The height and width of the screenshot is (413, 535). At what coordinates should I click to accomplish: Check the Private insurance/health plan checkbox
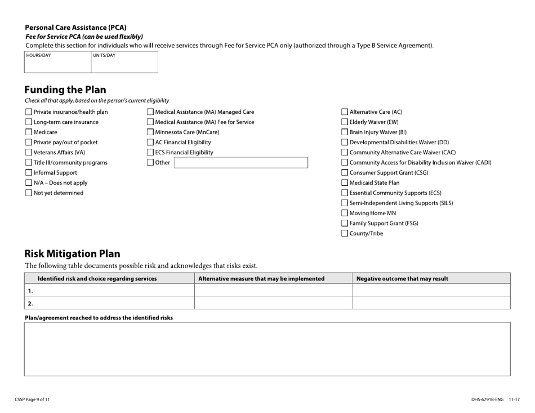point(29,112)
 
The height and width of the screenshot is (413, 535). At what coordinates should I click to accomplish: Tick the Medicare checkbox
point(29,132)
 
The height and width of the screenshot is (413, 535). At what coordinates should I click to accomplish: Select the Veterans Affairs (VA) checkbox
point(29,153)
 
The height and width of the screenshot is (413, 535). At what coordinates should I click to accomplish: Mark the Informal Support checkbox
point(29,173)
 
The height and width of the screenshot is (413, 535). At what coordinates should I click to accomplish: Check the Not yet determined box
point(29,193)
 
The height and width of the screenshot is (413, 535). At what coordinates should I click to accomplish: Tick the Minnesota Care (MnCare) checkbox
point(150,132)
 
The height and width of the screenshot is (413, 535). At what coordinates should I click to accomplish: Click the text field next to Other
point(240,163)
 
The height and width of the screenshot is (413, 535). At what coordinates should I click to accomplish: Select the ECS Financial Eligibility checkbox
point(150,153)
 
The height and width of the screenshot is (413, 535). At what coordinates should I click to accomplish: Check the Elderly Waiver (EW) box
point(345,122)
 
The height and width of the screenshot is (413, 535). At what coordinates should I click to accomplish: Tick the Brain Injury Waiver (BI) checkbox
point(345,132)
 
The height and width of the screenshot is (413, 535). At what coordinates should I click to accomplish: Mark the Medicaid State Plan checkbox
point(345,183)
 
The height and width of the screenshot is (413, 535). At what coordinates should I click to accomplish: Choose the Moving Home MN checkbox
point(345,214)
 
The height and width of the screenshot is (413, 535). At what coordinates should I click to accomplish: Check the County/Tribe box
point(345,234)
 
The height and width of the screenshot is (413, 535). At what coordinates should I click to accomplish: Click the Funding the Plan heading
point(65,90)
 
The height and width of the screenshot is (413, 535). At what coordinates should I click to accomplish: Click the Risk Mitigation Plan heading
point(72,254)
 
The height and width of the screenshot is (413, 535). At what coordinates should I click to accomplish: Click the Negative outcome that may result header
point(403,278)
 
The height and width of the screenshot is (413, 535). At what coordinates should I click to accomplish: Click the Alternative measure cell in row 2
point(273,303)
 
